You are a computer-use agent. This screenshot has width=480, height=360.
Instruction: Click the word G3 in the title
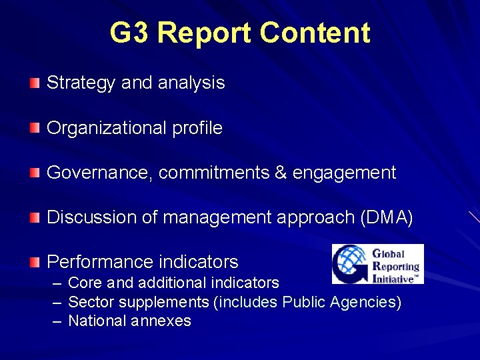coord(131,33)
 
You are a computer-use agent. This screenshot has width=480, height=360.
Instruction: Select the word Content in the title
coord(315,33)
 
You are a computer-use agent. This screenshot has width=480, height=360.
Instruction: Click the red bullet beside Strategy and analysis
coord(35,83)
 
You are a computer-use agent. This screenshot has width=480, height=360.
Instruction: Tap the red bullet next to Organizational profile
coord(35,128)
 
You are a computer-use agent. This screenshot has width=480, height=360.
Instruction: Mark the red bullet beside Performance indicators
coord(35,262)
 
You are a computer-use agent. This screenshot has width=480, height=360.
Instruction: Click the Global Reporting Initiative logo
coord(377,264)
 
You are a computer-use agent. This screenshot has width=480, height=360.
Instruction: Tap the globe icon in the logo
coord(351,264)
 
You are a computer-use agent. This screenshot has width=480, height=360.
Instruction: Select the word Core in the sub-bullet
coord(84,283)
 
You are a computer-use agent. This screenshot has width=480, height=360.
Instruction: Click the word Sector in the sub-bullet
coord(89,302)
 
